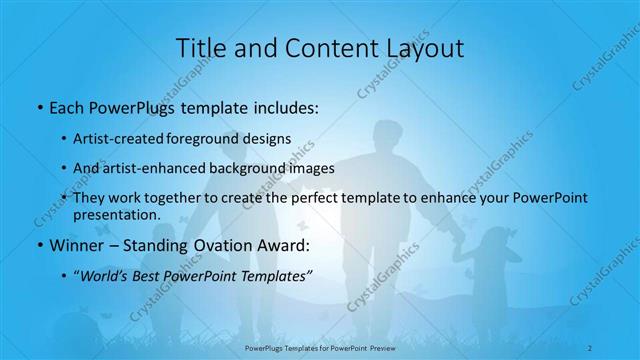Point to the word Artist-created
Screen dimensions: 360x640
click(115, 139)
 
